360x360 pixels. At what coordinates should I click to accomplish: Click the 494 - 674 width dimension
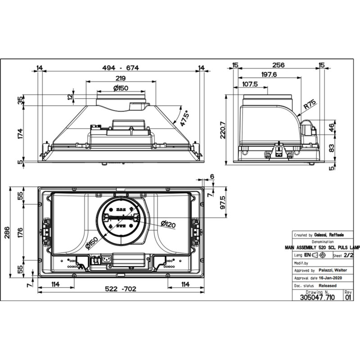[120, 68]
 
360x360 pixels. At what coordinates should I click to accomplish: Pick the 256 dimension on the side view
[279, 65]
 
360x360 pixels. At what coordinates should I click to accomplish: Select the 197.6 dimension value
[269, 75]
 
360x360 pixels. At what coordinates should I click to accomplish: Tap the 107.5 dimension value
[250, 84]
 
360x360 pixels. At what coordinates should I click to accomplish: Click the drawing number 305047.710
[317, 298]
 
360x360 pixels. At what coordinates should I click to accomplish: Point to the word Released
[328, 285]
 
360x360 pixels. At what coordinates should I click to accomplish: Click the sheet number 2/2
[348, 255]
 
